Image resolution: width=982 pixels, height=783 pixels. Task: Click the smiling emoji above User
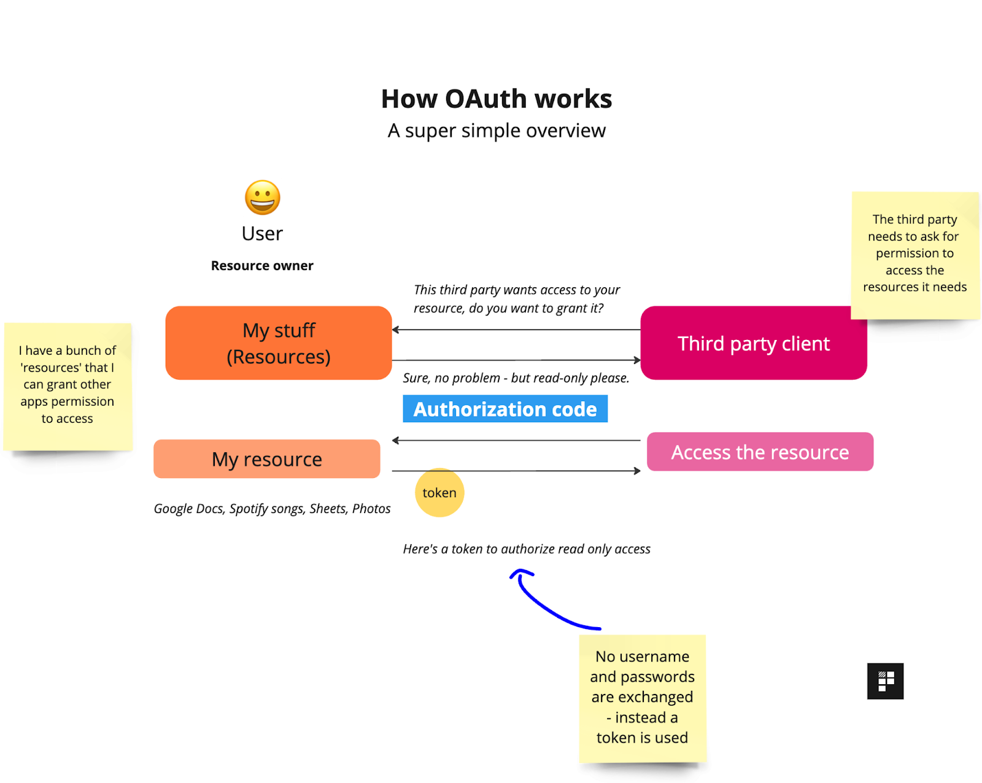point(263,198)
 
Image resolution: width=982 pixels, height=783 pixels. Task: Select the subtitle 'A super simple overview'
point(497,131)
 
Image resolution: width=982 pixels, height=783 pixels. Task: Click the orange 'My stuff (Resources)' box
point(279,343)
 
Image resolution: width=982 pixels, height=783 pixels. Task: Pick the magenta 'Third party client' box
point(754,343)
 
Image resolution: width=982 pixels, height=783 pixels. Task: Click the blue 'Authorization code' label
point(505,409)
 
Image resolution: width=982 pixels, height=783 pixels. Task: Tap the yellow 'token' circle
point(439,493)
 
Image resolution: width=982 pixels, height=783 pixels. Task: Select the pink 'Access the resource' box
point(760,452)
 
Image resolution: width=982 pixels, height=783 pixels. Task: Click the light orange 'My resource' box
point(267,459)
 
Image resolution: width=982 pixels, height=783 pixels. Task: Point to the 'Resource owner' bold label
point(262,266)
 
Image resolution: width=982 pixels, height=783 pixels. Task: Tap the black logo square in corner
point(885,681)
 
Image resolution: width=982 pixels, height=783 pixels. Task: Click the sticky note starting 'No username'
point(642,698)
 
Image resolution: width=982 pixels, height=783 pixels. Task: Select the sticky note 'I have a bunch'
point(68,385)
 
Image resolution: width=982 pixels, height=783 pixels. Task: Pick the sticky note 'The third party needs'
point(914,254)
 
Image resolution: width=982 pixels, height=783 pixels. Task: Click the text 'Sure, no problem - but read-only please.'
point(516,378)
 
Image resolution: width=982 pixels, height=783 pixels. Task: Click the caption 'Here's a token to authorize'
point(527,549)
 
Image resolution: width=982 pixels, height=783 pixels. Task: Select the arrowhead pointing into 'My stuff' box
point(396,330)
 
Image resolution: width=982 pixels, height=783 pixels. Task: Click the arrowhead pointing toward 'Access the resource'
point(637,471)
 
